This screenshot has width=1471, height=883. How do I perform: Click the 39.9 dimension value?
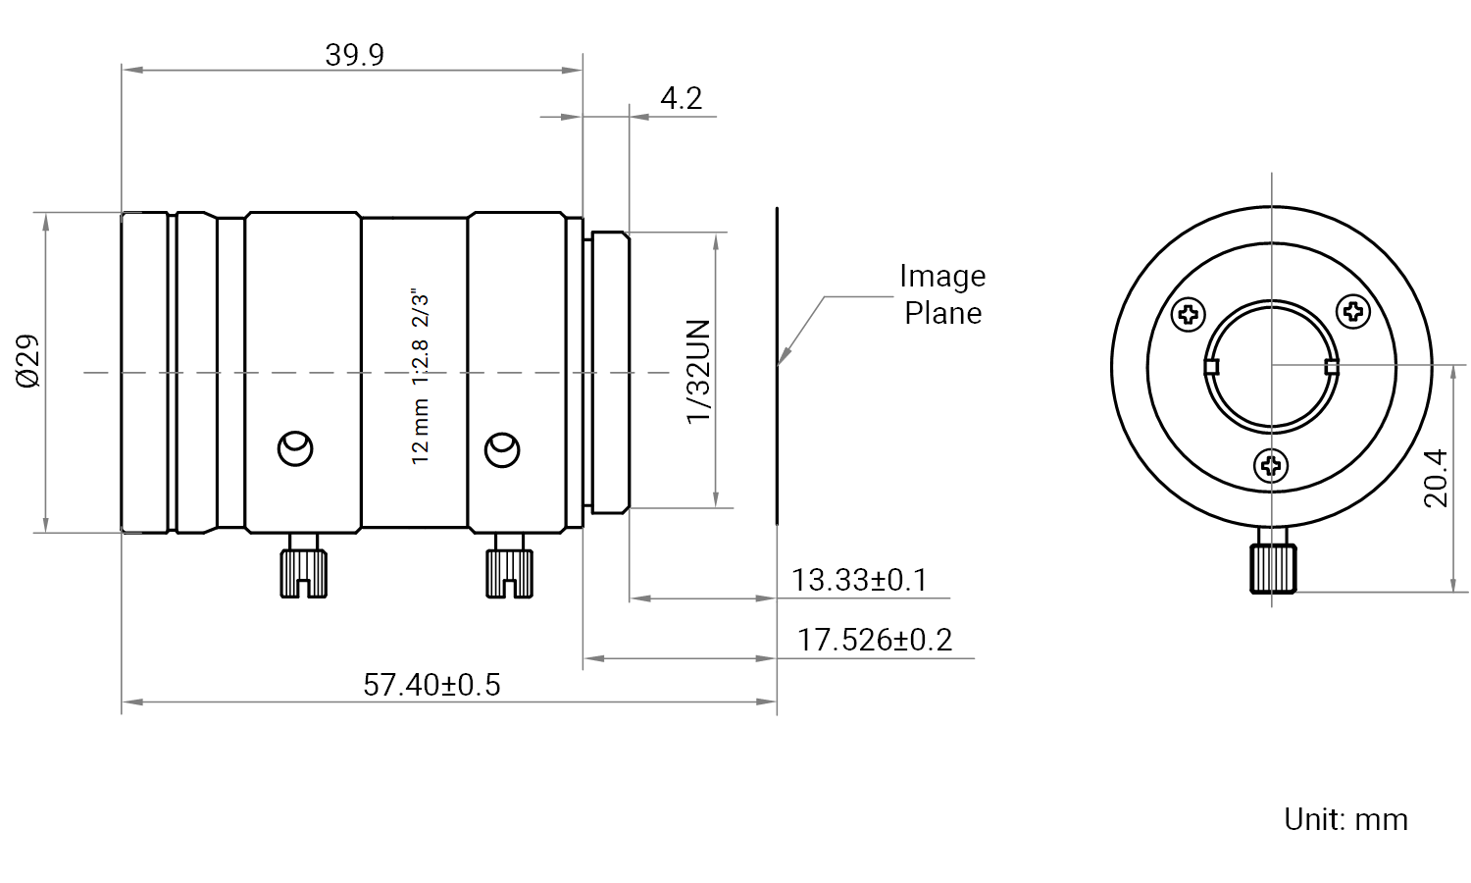tap(355, 55)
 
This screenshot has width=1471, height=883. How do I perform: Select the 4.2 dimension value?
tap(681, 98)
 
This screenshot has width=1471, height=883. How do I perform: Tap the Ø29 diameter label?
tap(28, 361)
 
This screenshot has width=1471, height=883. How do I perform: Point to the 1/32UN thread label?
tap(698, 372)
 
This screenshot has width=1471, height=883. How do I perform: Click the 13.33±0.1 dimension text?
tap(859, 580)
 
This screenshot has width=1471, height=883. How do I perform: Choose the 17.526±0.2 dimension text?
tap(874, 640)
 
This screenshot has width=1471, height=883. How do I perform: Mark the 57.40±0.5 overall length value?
tap(431, 685)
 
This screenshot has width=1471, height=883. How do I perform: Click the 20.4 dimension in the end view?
tap(1437, 479)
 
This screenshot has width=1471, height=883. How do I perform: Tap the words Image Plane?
tap(942, 294)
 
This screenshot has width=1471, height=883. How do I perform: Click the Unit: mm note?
tap(1345, 820)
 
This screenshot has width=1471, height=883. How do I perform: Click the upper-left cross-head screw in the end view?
tap(1189, 315)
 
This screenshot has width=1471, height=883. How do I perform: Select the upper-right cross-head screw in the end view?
tap(1353, 311)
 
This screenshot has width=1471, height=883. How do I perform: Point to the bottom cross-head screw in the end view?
tap(1271, 466)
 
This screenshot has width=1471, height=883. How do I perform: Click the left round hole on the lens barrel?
tap(295, 448)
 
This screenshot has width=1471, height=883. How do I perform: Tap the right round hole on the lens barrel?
tap(502, 450)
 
